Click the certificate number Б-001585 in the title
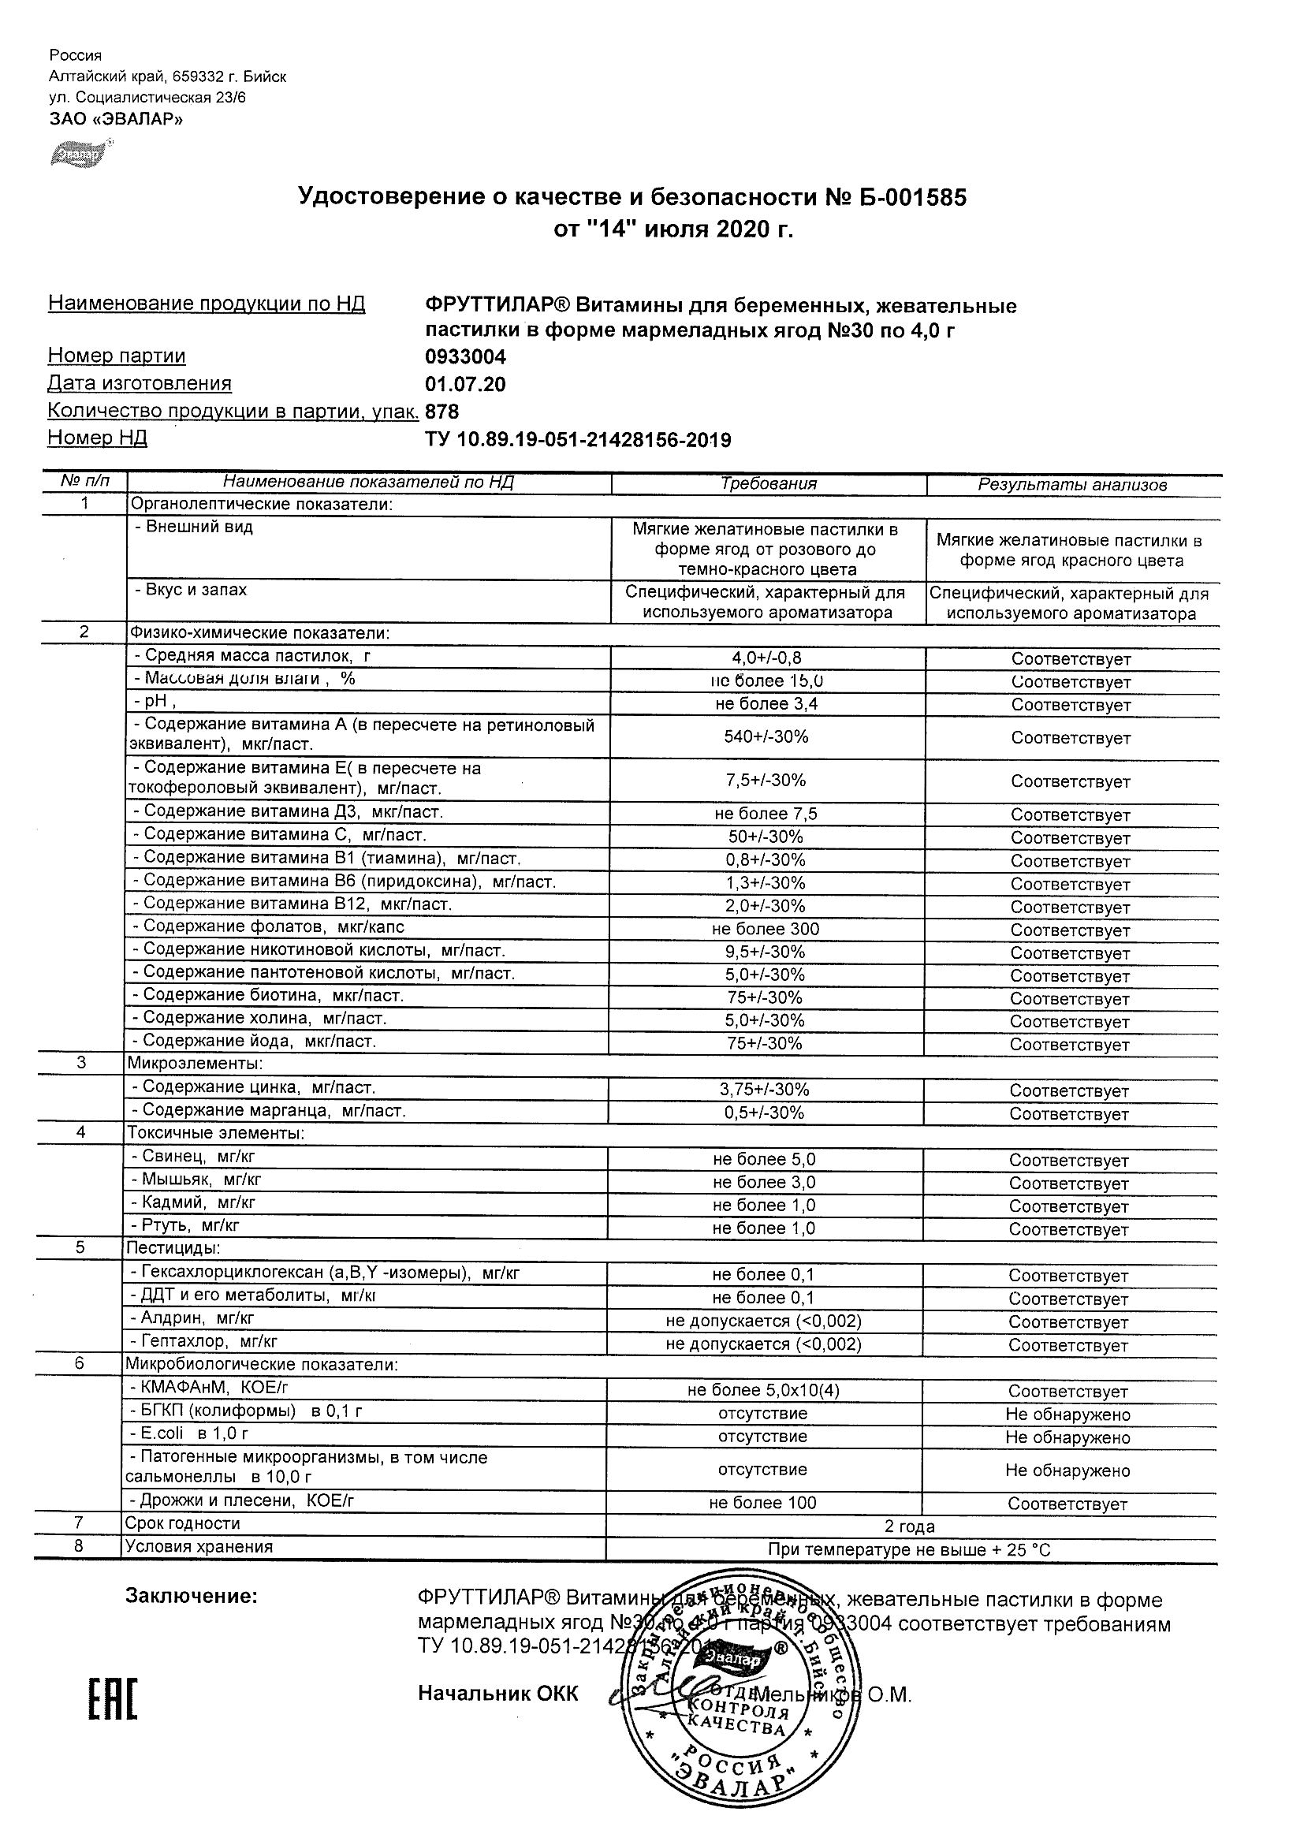tap(913, 197)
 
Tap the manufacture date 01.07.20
tap(465, 385)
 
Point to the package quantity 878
tap(442, 412)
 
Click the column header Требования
tap(768, 484)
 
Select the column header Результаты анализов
tap(1071, 485)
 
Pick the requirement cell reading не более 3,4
tap(766, 704)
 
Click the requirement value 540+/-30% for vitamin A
tap(766, 736)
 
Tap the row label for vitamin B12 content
tap(292, 904)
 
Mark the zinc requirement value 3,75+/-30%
tap(764, 1090)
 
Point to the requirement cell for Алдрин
tap(763, 1321)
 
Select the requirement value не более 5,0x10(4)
tap(763, 1390)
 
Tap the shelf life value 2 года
tap(910, 1526)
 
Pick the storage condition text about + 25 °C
tap(910, 1550)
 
